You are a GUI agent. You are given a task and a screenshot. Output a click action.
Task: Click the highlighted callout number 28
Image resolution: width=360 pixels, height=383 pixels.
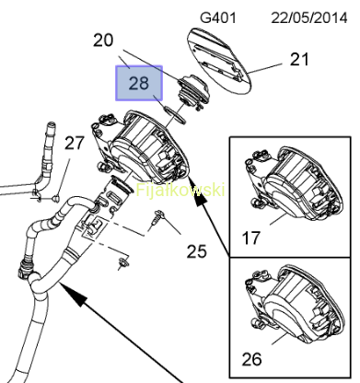click(x=139, y=83)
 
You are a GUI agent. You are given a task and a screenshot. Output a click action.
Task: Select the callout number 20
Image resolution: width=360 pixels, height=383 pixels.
click(x=103, y=41)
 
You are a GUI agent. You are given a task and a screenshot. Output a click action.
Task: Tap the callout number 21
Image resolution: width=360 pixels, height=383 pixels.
click(x=299, y=59)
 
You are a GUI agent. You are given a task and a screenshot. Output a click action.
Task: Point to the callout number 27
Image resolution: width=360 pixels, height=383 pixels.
click(x=74, y=143)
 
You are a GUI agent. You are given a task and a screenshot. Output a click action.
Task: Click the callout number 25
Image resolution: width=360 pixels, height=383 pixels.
click(x=197, y=251)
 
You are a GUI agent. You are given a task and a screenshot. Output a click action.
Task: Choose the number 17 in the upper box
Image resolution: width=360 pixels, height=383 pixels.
click(x=251, y=238)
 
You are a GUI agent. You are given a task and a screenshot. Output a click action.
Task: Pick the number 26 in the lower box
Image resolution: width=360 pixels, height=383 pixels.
click(x=251, y=359)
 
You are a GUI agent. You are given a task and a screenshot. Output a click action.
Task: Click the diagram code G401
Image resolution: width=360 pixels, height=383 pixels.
click(x=218, y=17)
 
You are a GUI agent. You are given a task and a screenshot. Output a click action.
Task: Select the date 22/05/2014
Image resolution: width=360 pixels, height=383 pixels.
click(x=309, y=17)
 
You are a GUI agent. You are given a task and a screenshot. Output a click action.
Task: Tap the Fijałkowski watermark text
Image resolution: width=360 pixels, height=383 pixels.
click(x=180, y=190)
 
